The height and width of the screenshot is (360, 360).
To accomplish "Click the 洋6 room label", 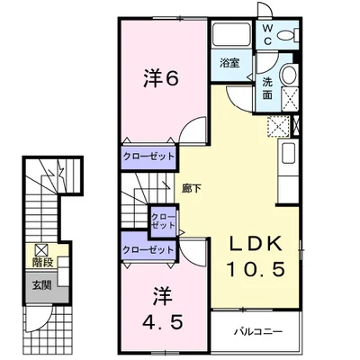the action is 161,78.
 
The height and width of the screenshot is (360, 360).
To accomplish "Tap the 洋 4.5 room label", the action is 162,308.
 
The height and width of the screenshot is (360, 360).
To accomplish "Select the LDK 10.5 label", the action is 255,256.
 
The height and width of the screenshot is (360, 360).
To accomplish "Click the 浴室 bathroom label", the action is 229,63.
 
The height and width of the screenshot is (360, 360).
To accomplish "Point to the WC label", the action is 268,35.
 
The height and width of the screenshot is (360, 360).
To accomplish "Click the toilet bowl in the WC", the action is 286,36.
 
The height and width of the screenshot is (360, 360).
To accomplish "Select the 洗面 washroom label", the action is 267,88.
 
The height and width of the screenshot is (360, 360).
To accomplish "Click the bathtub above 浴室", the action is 232,34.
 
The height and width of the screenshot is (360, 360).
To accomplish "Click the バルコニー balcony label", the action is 258,331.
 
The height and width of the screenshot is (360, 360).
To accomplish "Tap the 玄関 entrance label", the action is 41,285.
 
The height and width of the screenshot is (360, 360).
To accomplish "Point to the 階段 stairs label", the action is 43,262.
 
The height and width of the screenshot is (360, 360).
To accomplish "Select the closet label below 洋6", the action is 149,157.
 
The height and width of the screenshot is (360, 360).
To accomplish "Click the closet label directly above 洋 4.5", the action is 148,249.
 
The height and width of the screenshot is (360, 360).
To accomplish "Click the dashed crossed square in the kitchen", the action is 279,126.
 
